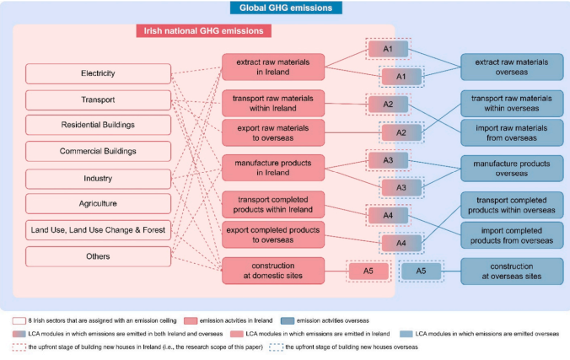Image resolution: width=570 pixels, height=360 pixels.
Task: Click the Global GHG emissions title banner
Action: click(284, 8)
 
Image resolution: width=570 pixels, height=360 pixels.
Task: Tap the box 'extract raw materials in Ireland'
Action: click(261, 67)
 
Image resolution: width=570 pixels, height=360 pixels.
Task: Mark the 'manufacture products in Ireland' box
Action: click(261, 167)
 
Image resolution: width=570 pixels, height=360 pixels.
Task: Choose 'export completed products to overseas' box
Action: click(261, 234)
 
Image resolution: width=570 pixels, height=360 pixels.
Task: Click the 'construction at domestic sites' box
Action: click(261, 271)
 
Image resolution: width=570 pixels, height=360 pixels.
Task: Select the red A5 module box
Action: click(368, 271)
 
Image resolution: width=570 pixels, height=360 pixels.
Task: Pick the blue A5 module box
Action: click(422, 271)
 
